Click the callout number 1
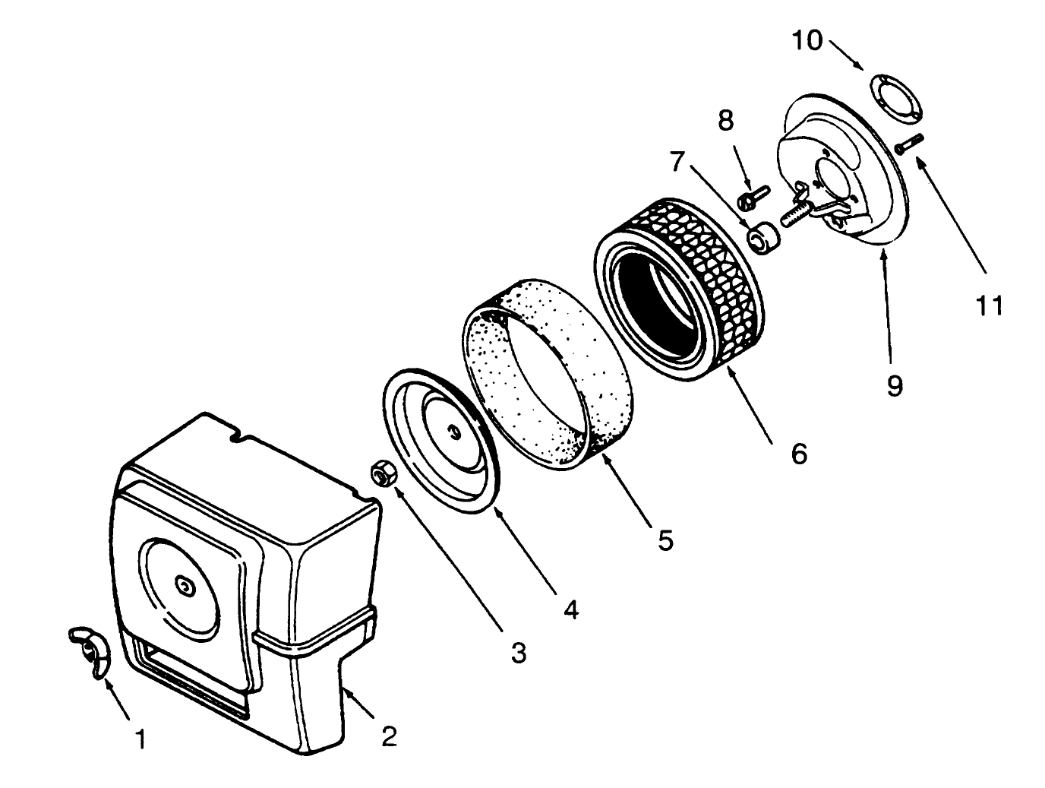pos(140,739)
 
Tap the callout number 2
pos(389,736)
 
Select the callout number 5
pos(665,540)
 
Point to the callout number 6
pos(798,454)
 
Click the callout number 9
pos(894,385)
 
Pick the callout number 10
pos(807,41)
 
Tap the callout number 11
pos(989,305)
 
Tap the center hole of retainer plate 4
pos(452,432)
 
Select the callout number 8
pos(726,119)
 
